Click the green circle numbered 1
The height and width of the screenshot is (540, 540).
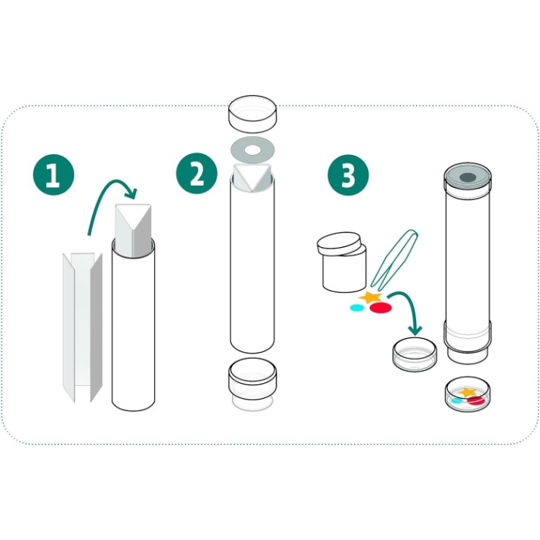54,174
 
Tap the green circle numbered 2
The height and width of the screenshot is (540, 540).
196,174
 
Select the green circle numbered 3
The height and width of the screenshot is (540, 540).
348,175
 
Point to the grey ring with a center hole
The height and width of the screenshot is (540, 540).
252,150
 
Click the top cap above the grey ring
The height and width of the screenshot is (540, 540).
252,114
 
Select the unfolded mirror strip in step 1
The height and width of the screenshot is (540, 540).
82,327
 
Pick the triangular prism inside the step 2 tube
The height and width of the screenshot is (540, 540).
252,178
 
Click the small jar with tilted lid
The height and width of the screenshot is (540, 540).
341,262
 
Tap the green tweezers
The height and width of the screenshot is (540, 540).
395,260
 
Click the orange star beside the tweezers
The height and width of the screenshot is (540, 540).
370,297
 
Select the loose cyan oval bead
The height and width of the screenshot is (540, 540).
356,307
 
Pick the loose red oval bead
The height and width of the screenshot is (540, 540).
381,308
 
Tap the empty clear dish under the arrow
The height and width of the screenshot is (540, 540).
415,354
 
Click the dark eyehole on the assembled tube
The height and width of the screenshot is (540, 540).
467,177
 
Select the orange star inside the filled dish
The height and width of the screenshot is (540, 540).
467,391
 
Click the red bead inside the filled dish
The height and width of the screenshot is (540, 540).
476,400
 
